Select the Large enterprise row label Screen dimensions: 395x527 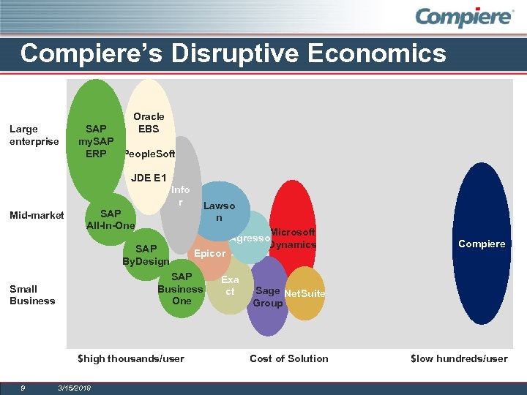[34, 135]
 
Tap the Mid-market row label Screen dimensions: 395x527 [37, 215]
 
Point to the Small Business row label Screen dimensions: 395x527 [32, 295]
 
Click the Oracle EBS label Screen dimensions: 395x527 [149, 122]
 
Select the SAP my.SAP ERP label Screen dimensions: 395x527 [96, 140]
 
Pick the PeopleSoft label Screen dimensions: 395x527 [149, 154]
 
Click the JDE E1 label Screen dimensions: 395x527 [149, 178]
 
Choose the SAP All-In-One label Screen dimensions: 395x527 [111, 219]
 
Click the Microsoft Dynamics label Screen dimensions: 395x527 [292, 238]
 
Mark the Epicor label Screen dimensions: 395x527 [209, 254]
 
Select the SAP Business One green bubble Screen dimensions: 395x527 [182, 289]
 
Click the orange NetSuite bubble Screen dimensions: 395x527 [304, 293]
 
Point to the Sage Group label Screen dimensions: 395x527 [267, 297]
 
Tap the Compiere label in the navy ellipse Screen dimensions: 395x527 [482, 244]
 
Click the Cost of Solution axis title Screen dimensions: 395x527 [288, 358]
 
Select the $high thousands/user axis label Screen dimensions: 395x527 [131, 358]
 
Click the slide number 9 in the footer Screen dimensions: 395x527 [23, 387]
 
